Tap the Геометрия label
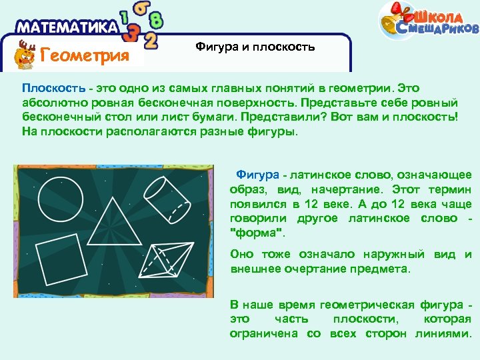pyautogui.click(x=85, y=55)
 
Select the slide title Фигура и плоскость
pyautogui.click(x=255, y=47)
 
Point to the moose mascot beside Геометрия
pyautogui.click(x=26, y=54)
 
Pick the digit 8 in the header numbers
pyautogui.click(x=155, y=19)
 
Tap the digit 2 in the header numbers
pyautogui.click(x=151, y=41)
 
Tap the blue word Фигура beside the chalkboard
pyautogui.click(x=258, y=175)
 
